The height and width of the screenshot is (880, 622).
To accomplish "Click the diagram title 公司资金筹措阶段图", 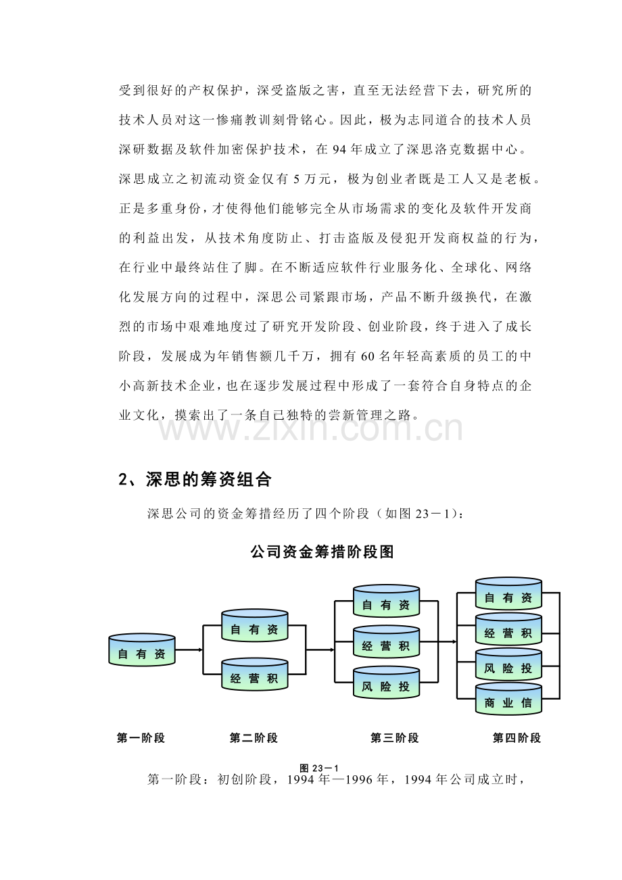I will click(x=321, y=552).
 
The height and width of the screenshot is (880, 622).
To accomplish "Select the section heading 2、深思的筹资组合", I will click(x=195, y=480).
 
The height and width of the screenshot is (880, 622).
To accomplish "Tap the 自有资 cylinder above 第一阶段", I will click(x=142, y=651).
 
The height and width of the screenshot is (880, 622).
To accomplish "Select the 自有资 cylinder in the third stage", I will click(x=386, y=602).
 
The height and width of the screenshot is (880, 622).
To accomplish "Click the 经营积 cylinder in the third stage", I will click(x=386, y=643).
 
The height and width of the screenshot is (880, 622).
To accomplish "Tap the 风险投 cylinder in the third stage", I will click(x=386, y=684).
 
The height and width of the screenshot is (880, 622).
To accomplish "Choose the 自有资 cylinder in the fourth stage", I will click(x=508, y=595).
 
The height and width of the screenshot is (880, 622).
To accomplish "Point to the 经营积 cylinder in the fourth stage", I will click(x=508, y=631).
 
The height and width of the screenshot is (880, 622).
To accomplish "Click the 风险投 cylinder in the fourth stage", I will click(x=508, y=666).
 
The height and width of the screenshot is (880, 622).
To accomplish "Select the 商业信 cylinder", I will click(x=508, y=701).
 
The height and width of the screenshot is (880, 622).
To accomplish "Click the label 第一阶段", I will click(x=141, y=738).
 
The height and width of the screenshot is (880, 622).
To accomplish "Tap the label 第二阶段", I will click(x=254, y=738).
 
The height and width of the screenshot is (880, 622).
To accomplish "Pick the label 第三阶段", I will click(x=394, y=738).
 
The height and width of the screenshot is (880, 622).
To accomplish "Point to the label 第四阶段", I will click(x=517, y=738).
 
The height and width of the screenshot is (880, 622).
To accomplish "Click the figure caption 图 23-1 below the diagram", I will click(x=318, y=768).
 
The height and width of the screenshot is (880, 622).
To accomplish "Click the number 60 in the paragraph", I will click(x=368, y=356).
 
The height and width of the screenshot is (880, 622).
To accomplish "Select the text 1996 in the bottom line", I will click(x=360, y=779).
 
